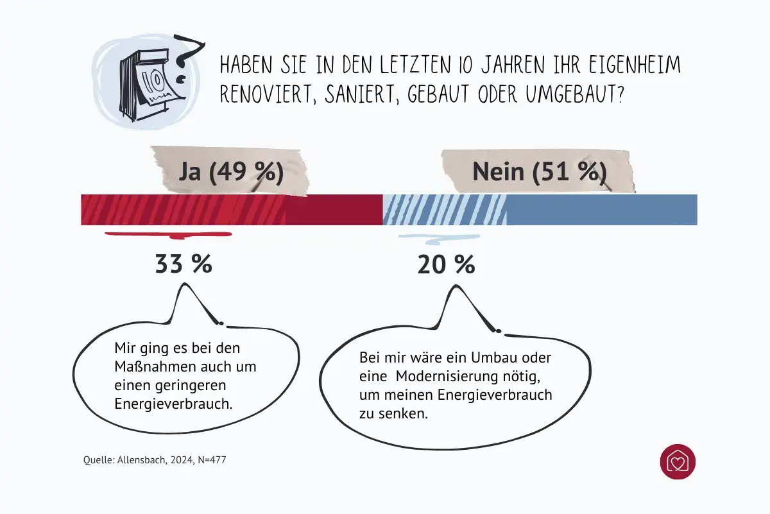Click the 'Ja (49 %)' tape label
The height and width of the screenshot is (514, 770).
click(230, 172)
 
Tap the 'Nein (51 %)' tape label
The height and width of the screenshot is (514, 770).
click(539, 172)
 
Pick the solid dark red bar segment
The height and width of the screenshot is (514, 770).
click(334, 210)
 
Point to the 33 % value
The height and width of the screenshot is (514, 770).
click(184, 264)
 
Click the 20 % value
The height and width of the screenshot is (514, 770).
click(446, 264)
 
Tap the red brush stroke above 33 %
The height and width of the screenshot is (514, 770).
click(168, 234)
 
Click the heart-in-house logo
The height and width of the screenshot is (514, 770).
click(678, 461)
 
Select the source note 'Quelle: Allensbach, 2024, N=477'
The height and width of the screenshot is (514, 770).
click(155, 460)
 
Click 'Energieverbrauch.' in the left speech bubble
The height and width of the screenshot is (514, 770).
click(173, 404)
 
